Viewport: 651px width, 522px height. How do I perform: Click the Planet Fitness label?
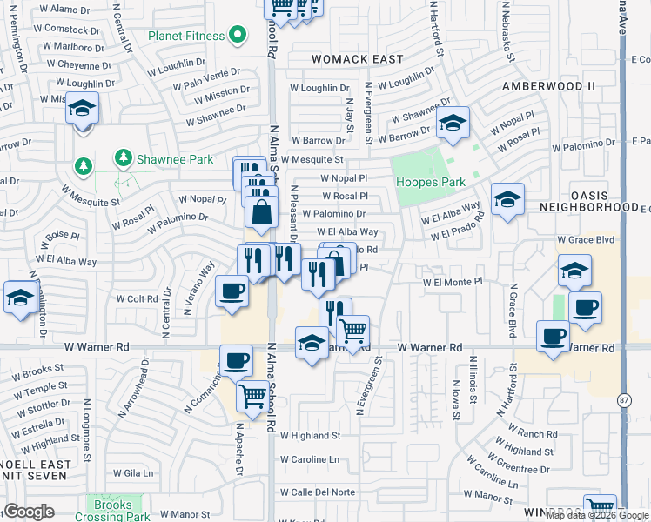187,37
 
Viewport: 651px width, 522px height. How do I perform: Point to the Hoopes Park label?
430,182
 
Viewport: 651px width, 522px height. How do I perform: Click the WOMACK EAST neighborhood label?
359,59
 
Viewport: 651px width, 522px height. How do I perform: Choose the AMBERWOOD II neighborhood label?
549,86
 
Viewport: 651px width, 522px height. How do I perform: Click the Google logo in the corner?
30,511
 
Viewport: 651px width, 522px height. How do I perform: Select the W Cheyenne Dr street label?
79,64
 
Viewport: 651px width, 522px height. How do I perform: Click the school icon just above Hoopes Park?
453,124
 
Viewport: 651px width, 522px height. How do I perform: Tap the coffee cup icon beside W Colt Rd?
232,291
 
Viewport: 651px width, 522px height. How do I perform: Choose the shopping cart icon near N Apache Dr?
253,395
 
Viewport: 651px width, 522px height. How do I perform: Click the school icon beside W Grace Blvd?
574,271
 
